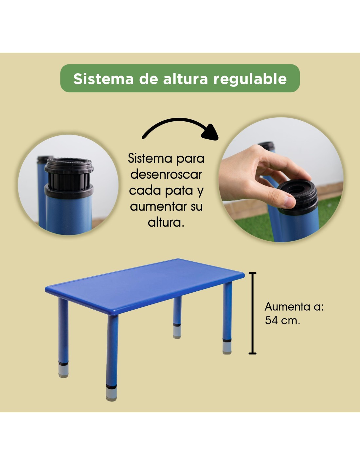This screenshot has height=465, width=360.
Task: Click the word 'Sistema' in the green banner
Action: pos(103,79)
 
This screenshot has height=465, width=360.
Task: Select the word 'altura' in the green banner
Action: pos(186,79)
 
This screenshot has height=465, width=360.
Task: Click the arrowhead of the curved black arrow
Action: pos(211,133)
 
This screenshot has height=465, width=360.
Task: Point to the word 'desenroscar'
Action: pos(166,175)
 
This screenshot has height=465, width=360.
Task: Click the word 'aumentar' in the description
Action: pos(157,207)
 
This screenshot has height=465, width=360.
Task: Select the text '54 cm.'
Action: pos(282,320)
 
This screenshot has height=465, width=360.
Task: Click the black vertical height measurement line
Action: pos(253,313)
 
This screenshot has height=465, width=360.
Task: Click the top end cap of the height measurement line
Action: pos(253,273)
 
